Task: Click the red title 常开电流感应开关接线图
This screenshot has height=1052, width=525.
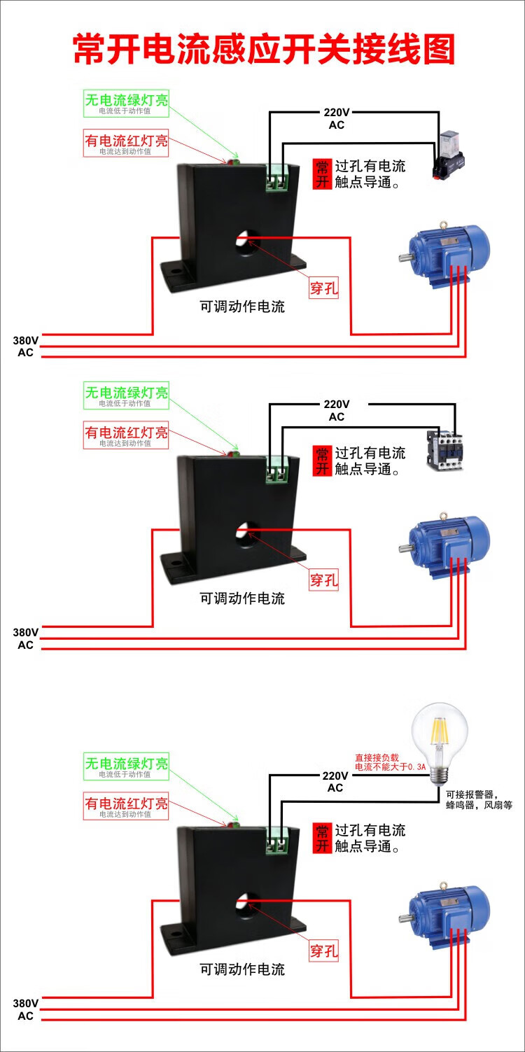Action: (264, 49)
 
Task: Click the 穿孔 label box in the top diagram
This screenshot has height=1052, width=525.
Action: (323, 288)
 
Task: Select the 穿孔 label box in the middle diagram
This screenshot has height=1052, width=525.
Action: (323, 580)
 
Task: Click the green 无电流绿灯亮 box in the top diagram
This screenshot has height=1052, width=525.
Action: (126, 102)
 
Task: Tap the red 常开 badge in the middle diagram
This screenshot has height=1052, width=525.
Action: (322, 460)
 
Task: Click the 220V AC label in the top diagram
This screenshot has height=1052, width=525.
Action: (336, 119)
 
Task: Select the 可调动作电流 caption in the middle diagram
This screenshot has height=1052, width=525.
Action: (242, 598)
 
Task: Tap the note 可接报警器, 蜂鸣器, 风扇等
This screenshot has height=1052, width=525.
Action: (479, 799)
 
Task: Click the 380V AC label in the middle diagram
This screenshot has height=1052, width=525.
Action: (25, 638)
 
